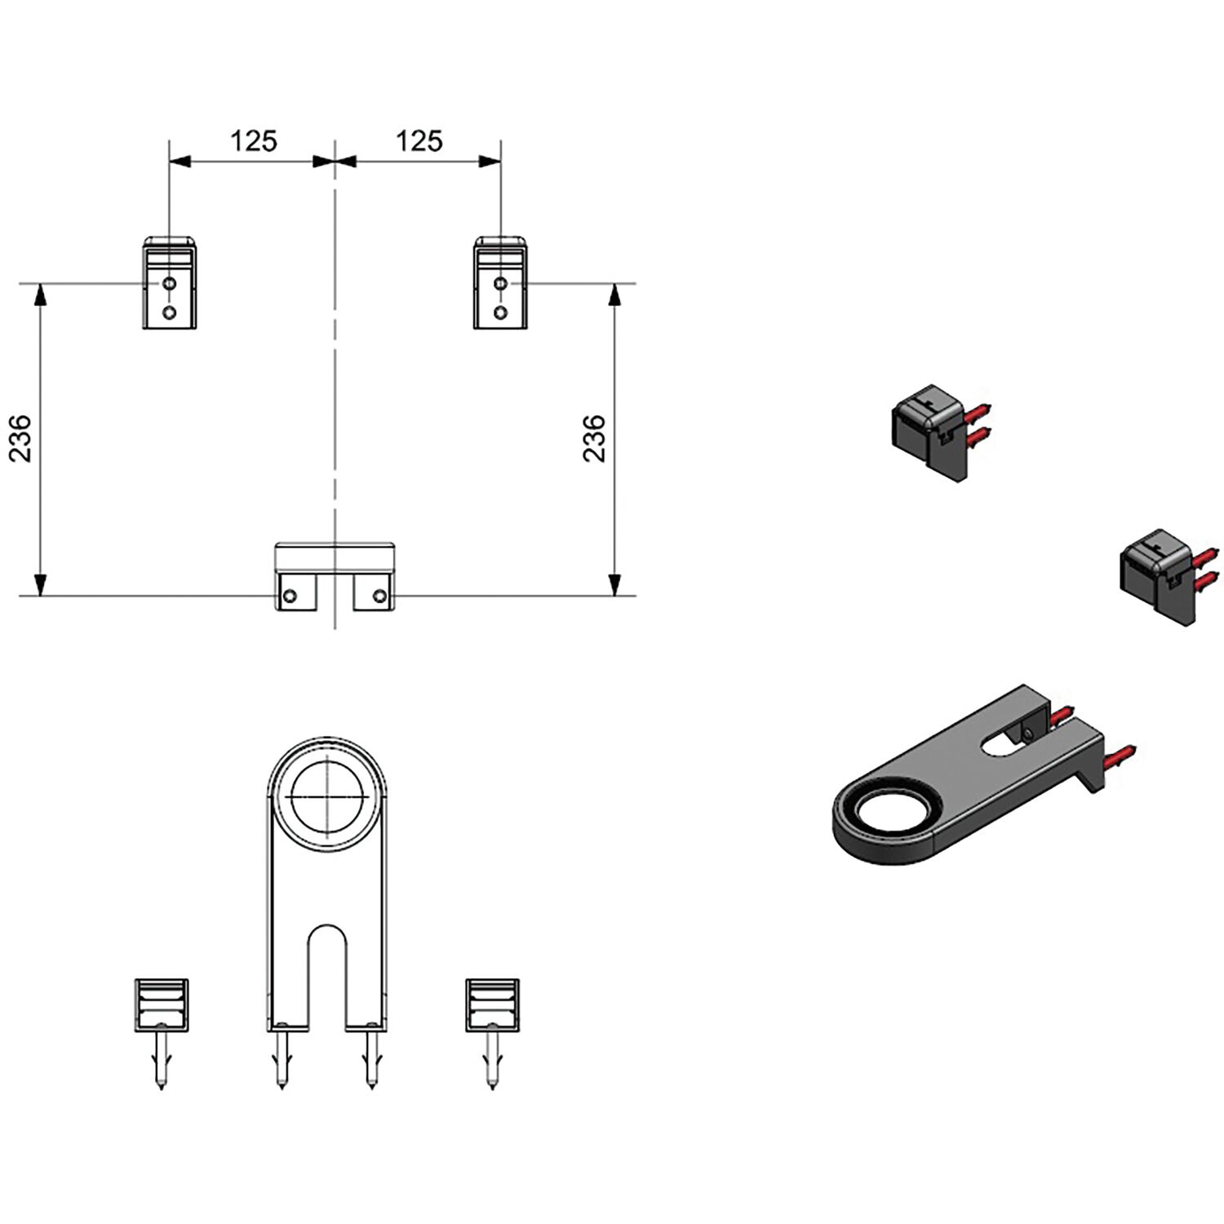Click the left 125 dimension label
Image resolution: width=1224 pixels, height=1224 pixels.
(x=254, y=141)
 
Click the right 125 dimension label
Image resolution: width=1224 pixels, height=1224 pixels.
(x=419, y=141)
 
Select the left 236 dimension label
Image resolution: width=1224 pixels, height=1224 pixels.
(x=20, y=439)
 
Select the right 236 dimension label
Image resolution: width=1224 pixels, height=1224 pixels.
(x=595, y=439)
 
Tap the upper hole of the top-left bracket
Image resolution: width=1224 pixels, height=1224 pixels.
(x=169, y=284)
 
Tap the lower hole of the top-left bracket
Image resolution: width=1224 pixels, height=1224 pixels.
(x=169, y=312)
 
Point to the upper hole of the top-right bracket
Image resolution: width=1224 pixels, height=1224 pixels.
(x=501, y=284)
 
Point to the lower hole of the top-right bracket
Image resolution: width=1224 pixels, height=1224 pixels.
(x=501, y=312)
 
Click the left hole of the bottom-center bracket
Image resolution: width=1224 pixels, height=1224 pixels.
(x=290, y=596)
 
